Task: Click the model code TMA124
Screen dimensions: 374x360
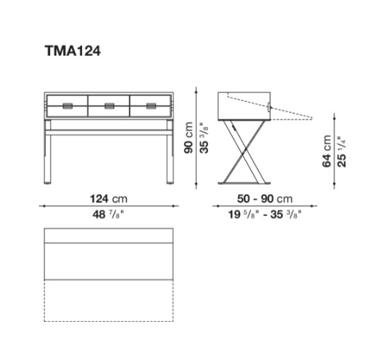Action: pos(72,51)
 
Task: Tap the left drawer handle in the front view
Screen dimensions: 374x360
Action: pos(67,106)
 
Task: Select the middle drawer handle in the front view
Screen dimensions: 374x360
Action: pos(109,106)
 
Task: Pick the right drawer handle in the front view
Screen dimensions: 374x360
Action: pos(152,106)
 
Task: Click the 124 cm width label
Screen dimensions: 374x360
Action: pos(108,199)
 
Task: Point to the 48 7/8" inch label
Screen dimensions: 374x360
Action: pos(108,214)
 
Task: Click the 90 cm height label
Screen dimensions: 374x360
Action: pos(188,138)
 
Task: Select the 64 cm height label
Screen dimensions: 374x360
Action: pos(327,151)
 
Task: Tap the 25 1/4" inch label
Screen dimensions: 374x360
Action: pos(341,152)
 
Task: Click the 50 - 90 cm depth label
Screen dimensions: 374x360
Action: pos(265,199)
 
